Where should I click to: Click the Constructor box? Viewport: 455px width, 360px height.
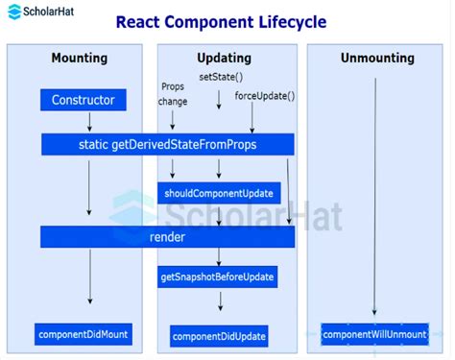[83, 100]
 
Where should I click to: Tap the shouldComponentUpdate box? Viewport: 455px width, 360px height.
[219, 193]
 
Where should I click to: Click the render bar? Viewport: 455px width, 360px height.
[167, 236]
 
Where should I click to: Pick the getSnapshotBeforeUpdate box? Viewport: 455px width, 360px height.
[219, 277]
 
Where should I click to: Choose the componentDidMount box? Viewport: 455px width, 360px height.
[84, 334]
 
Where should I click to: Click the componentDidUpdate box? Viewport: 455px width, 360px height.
[219, 336]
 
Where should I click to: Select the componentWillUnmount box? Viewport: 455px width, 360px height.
[374, 334]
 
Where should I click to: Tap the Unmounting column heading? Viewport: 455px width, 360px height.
[377, 59]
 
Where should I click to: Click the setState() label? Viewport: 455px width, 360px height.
[221, 76]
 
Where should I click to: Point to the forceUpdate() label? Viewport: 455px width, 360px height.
[265, 95]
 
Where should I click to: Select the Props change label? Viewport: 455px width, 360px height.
[173, 93]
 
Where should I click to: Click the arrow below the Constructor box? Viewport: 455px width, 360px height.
[89, 121]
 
